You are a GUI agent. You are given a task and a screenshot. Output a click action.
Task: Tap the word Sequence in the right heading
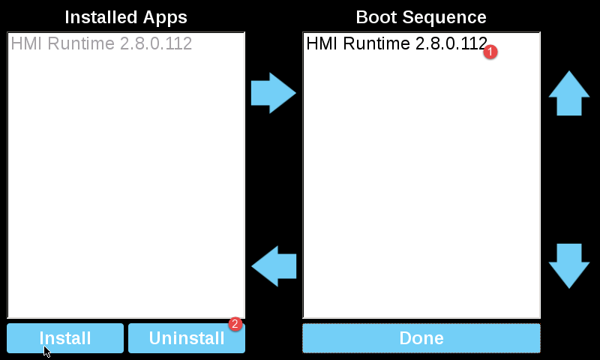click(x=444, y=17)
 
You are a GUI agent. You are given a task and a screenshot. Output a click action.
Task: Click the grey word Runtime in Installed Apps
click(x=81, y=44)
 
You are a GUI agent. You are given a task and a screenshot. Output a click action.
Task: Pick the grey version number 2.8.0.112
click(x=156, y=44)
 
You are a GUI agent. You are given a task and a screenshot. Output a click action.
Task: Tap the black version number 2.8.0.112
click(x=450, y=44)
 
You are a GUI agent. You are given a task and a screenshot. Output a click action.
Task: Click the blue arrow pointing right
click(x=274, y=93)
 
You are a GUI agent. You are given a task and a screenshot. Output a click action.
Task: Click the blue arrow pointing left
click(x=274, y=265)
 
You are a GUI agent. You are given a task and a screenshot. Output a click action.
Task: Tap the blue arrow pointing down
click(x=569, y=265)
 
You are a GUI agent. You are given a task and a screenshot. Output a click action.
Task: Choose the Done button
click(x=421, y=338)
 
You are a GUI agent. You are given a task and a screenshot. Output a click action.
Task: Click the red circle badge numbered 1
click(x=491, y=52)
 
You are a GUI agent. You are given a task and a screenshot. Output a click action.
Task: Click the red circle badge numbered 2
click(x=235, y=324)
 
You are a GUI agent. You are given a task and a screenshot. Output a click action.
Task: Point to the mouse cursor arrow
click(x=46, y=350)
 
